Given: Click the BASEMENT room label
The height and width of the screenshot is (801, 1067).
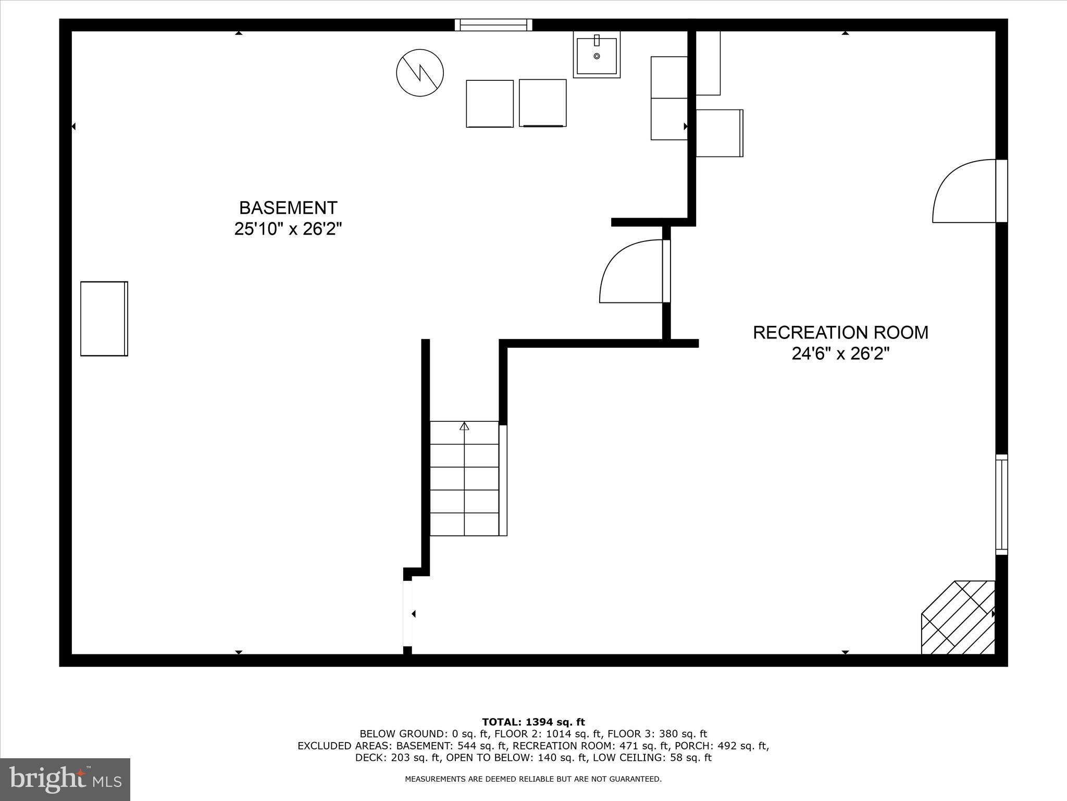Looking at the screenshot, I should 288,208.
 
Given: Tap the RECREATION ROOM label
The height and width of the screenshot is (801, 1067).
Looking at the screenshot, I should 840,333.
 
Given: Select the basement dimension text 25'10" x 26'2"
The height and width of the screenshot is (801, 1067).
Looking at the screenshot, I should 288,229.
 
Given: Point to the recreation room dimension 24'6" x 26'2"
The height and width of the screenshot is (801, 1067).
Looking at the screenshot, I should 840,354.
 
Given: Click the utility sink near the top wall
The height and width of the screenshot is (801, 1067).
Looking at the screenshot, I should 597,54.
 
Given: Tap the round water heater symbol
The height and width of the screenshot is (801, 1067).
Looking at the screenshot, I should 420,72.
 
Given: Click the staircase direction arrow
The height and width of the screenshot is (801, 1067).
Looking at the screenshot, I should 464,426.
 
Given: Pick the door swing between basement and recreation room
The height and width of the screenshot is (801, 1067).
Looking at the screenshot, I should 631,271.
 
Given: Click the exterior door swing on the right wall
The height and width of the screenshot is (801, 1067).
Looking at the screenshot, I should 964,191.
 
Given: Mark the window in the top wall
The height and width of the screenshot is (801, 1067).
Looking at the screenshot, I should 493,25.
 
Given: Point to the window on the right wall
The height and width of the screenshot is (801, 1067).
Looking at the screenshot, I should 1001,504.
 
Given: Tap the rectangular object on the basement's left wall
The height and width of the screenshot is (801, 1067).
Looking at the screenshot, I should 104,319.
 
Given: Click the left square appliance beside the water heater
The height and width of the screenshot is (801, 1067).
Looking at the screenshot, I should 490,103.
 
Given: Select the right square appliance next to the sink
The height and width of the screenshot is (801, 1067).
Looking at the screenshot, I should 543,103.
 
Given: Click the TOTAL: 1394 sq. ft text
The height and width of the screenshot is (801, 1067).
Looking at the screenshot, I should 533,722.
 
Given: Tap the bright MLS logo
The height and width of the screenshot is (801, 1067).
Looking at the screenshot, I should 65,779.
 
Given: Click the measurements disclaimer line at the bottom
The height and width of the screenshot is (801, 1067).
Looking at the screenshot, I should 533,779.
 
